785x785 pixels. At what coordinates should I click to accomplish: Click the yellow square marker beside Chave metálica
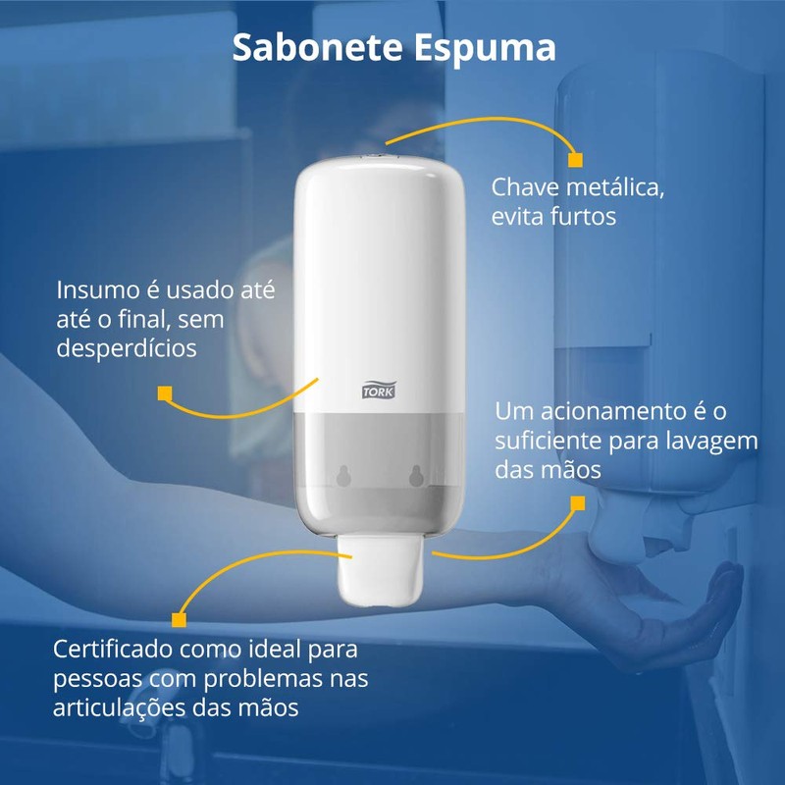coord(576,159)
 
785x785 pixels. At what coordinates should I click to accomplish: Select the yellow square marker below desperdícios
coord(165,394)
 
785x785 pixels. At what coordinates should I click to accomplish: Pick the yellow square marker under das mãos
coord(577,504)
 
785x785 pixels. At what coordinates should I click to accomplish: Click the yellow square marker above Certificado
coord(179,619)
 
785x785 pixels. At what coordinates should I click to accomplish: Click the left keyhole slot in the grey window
coord(342,475)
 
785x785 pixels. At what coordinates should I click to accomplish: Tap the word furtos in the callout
coord(582,216)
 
